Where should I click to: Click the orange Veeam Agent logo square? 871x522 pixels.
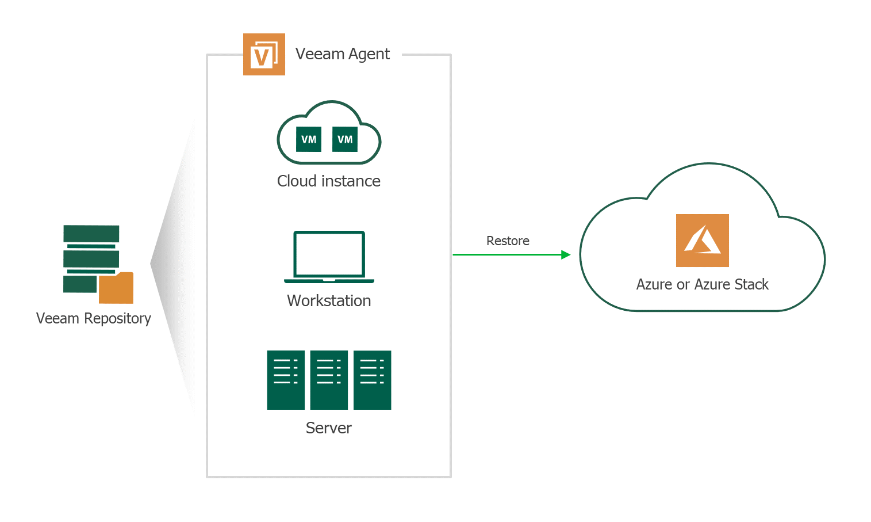[x=264, y=55]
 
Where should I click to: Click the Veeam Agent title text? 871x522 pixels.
[x=342, y=54]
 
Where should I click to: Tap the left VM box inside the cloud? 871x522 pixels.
[x=309, y=139]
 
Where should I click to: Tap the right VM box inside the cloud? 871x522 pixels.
[x=345, y=139]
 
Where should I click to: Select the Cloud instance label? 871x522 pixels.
[x=328, y=181]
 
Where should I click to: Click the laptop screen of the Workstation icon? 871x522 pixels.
[x=329, y=254]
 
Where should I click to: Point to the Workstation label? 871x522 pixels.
[x=328, y=301]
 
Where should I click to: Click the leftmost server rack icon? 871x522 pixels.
[x=286, y=380]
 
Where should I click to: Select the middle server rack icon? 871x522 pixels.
[x=329, y=380]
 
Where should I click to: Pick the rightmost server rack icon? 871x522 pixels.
[x=372, y=380]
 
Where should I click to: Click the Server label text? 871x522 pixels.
[x=328, y=428]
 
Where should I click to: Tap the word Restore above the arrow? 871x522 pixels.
[x=508, y=241]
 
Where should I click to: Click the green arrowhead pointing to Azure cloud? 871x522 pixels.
[x=566, y=254]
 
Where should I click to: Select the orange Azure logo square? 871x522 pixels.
[x=702, y=241]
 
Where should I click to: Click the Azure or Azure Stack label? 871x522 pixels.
[x=702, y=285]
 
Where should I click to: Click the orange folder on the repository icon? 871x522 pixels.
[x=116, y=288]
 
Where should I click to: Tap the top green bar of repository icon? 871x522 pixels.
[x=91, y=234]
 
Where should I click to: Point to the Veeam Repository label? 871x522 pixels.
[x=93, y=319]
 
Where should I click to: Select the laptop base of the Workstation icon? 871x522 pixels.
[x=329, y=281]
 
